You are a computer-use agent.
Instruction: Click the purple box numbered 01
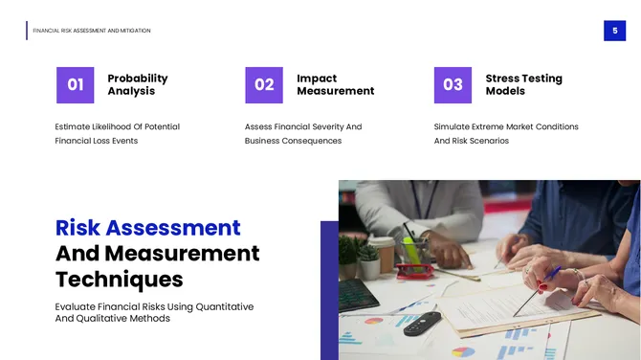click(75, 84)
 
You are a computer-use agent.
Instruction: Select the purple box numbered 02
click(264, 84)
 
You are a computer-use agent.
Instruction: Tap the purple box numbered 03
click(453, 84)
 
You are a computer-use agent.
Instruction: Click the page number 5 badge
click(614, 31)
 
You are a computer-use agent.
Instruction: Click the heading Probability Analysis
click(137, 84)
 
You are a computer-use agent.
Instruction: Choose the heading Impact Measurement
click(335, 84)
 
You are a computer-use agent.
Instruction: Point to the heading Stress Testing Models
click(523, 84)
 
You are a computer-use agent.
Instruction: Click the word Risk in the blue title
click(77, 228)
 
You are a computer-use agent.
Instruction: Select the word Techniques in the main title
click(119, 279)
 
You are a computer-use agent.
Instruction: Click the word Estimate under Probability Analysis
click(75, 126)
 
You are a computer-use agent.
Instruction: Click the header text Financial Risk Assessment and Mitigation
click(92, 31)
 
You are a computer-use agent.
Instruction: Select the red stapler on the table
click(415, 270)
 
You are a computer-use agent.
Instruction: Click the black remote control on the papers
click(421, 323)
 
